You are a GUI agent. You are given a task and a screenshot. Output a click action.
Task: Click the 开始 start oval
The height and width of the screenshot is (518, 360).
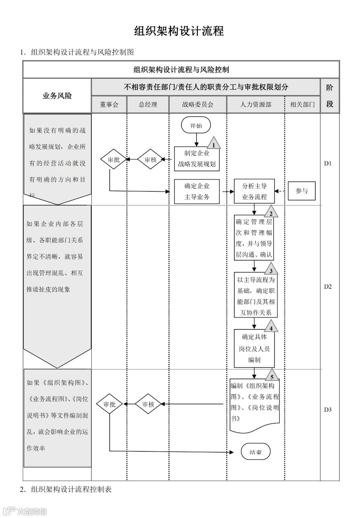click(x=196, y=126)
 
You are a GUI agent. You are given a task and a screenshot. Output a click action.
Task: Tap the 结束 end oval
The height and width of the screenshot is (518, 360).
click(x=255, y=452)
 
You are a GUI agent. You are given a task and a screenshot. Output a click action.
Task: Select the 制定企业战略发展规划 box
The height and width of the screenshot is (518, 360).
click(x=197, y=159)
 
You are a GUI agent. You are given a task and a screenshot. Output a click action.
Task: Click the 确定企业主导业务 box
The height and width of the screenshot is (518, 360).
click(x=197, y=191)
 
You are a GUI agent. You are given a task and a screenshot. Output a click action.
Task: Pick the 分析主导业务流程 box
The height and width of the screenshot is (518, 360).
click(x=254, y=191)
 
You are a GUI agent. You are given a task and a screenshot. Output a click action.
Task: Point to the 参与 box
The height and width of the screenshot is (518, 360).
click(x=302, y=191)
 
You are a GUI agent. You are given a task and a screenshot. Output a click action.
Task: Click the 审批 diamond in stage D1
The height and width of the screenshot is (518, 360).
click(x=114, y=160)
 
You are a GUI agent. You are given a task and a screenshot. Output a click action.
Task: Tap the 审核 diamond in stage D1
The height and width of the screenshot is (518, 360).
click(x=151, y=160)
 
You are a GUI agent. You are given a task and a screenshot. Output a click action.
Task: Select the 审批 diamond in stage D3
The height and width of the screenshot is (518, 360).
click(x=109, y=404)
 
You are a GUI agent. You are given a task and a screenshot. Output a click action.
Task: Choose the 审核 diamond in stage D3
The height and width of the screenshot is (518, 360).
click(x=148, y=404)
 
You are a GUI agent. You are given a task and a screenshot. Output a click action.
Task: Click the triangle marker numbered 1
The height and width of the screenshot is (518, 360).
click(x=214, y=144)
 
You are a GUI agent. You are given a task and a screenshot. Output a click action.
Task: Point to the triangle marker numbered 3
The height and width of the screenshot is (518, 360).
click(x=271, y=270)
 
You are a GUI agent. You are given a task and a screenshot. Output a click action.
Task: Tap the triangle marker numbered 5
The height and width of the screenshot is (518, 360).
click(x=272, y=376)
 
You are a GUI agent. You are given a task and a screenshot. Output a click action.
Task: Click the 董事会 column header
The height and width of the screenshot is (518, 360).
click(x=109, y=104)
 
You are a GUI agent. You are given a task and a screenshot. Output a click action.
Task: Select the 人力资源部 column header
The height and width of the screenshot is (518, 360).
click(x=256, y=104)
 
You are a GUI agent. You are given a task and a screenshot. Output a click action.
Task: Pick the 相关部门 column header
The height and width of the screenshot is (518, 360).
click(x=302, y=104)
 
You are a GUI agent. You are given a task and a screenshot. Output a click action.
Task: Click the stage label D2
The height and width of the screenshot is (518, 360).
click(x=328, y=286)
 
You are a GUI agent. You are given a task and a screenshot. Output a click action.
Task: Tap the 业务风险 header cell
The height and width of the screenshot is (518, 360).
click(x=57, y=96)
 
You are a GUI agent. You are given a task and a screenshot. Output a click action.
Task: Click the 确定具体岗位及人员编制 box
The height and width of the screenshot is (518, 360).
click(x=254, y=348)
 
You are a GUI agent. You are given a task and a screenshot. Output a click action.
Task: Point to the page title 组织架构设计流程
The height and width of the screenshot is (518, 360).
click(x=179, y=31)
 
